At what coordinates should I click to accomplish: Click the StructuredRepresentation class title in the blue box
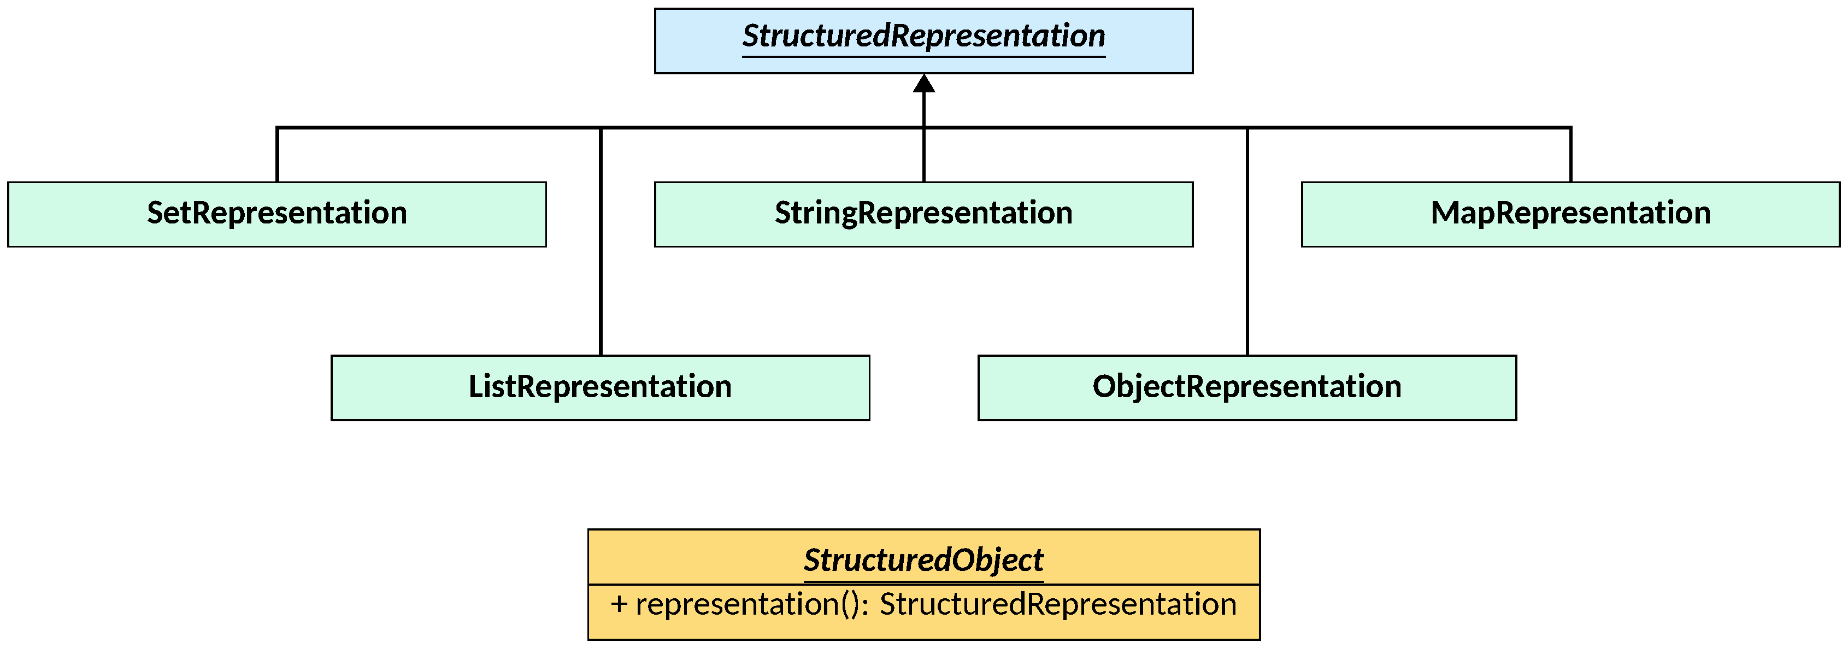pos(923,36)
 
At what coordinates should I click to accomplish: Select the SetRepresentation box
pos(277,214)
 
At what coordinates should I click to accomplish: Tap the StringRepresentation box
pos(923,214)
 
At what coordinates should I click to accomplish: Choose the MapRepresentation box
pos(1570,214)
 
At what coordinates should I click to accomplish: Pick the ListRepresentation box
pos(600,387)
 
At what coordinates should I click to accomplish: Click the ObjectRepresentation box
pos(1247,387)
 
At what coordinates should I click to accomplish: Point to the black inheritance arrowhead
pos(924,85)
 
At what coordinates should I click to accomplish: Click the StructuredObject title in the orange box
pos(923,559)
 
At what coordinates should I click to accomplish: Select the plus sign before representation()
pos(619,605)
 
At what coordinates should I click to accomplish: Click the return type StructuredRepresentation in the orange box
pos(1057,605)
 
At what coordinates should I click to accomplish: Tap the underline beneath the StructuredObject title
pos(923,581)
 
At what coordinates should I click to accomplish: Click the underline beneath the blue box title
pos(923,56)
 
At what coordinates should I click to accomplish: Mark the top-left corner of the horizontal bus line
pos(278,128)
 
